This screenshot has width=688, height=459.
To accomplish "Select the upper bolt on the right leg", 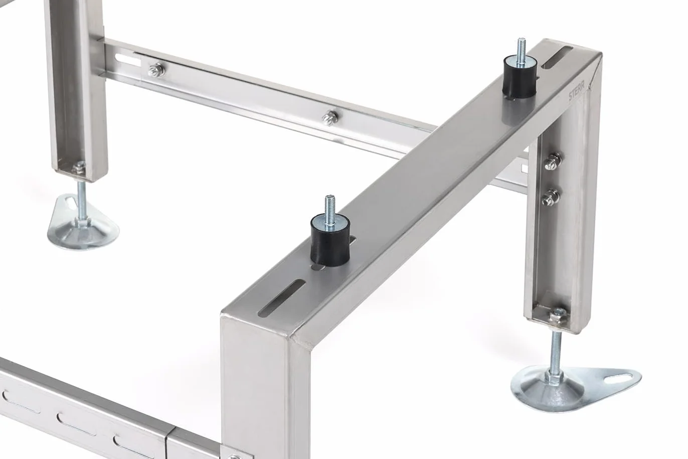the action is tap(552, 161).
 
